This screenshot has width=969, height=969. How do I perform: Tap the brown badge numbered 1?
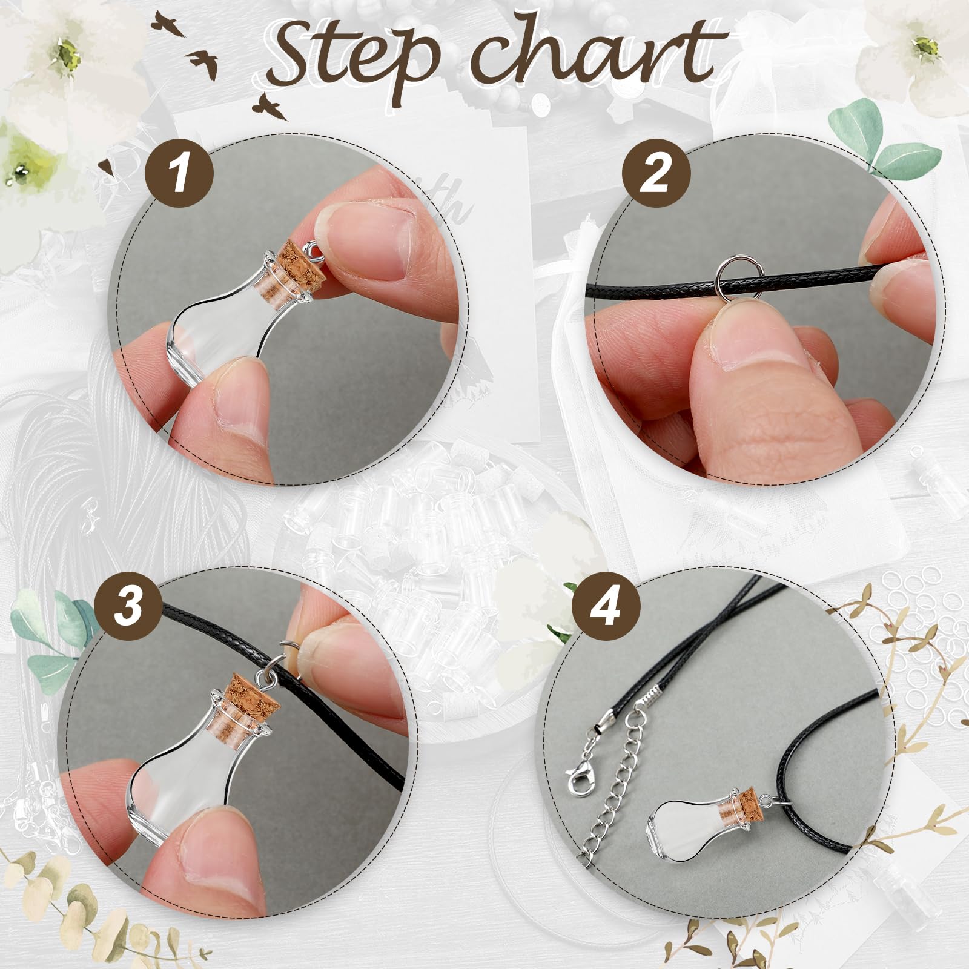(x=179, y=174)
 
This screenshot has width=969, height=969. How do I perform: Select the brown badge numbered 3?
(x=129, y=606)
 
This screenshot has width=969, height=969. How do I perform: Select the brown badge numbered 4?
(x=606, y=606)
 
